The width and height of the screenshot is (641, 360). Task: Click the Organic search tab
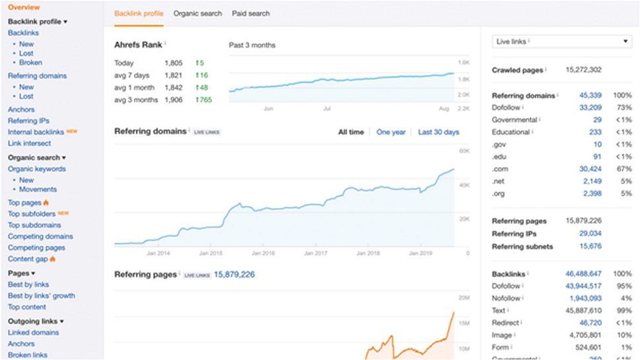point(198,13)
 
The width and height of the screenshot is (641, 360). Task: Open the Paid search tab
point(250,13)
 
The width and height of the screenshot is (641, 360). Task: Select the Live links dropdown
point(562,42)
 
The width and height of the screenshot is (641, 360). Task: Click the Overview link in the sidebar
point(24,7)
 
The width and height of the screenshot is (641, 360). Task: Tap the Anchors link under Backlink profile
point(21,110)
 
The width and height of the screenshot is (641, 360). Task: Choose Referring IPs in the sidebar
point(28,121)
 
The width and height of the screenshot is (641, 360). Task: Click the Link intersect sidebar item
point(29,143)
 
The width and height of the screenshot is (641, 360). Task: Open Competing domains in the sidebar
point(40,236)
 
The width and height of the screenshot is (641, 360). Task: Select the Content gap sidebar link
point(28,259)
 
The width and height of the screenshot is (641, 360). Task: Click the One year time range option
point(391,132)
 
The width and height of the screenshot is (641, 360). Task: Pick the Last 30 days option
point(438,132)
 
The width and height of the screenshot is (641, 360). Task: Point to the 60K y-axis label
point(464,151)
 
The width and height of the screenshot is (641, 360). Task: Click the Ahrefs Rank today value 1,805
point(173,63)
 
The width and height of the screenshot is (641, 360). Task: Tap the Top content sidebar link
point(27,307)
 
